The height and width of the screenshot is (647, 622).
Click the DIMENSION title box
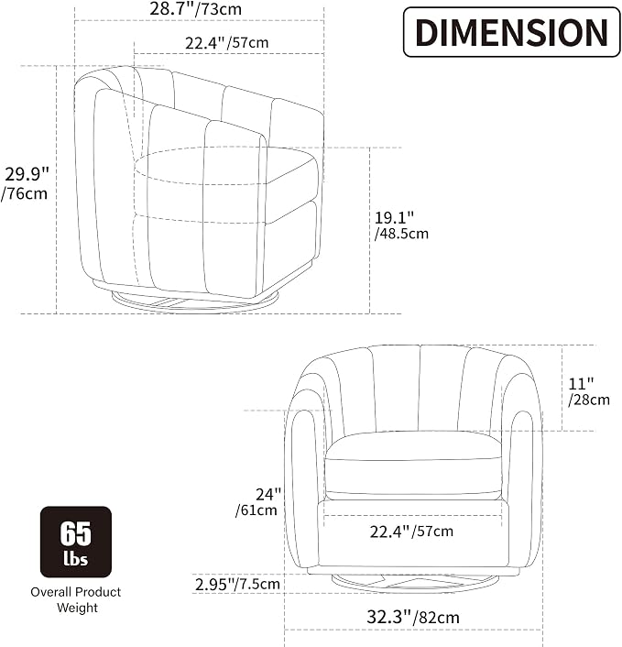(511, 32)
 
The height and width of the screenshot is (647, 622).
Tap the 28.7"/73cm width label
(195, 8)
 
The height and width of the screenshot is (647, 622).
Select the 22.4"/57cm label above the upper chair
(227, 42)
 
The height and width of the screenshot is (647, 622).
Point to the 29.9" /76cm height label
(25, 183)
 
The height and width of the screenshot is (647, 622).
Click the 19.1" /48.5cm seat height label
(401, 225)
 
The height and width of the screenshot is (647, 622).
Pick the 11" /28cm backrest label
(589, 391)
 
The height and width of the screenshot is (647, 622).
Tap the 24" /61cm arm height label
(257, 502)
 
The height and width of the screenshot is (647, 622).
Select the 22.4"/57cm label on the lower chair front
(411, 532)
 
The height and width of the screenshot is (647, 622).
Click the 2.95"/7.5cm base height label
(237, 584)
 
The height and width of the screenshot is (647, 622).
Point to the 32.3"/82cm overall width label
(413, 618)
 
